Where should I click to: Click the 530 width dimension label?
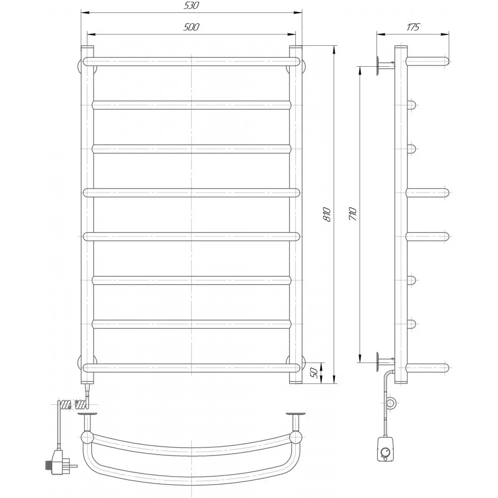point(191,5)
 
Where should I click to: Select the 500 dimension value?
point(191,27)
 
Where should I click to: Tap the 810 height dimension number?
point(327,214)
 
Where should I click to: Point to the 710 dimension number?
point(353,214)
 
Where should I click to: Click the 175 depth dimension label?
point(413,27)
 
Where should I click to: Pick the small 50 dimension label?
point(314,373)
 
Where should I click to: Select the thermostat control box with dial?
point(385,449)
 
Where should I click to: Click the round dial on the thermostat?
point(385,452)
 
